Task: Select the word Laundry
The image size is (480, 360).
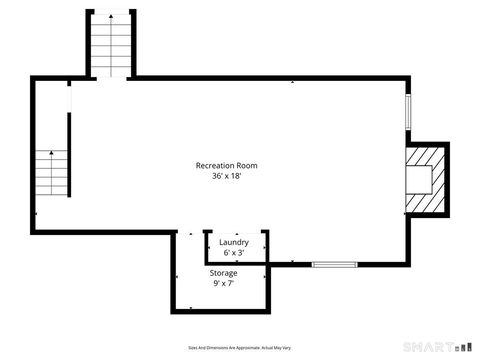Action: (234, 242)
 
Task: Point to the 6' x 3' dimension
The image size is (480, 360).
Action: (234, 253)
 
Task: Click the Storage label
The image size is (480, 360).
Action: (223, 273)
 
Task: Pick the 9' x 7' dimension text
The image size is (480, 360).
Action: (223, 284)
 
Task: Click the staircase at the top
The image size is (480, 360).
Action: (108, 45)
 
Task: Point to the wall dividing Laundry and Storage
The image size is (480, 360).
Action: (236, 263)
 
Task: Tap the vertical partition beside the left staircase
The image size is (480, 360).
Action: (69, 156)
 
